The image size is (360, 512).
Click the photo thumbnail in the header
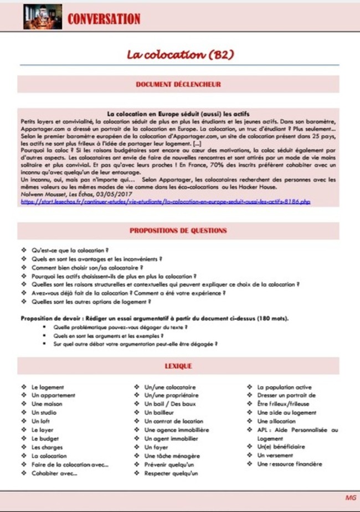[x=42, y=17]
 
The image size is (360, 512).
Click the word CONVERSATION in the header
[x=104, y=19]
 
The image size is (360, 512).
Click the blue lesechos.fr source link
[x=165, y=201]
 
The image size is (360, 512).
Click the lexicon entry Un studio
[x=44, y=413]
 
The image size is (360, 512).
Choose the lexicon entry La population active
[x=284, y=387]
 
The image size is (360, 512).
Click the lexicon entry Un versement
[x=276, y=456]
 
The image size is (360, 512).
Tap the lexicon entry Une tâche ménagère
[x=171, y=456]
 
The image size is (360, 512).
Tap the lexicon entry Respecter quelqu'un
[x=172, y=473]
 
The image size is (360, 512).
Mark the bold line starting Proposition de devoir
[x=155, y=318]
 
